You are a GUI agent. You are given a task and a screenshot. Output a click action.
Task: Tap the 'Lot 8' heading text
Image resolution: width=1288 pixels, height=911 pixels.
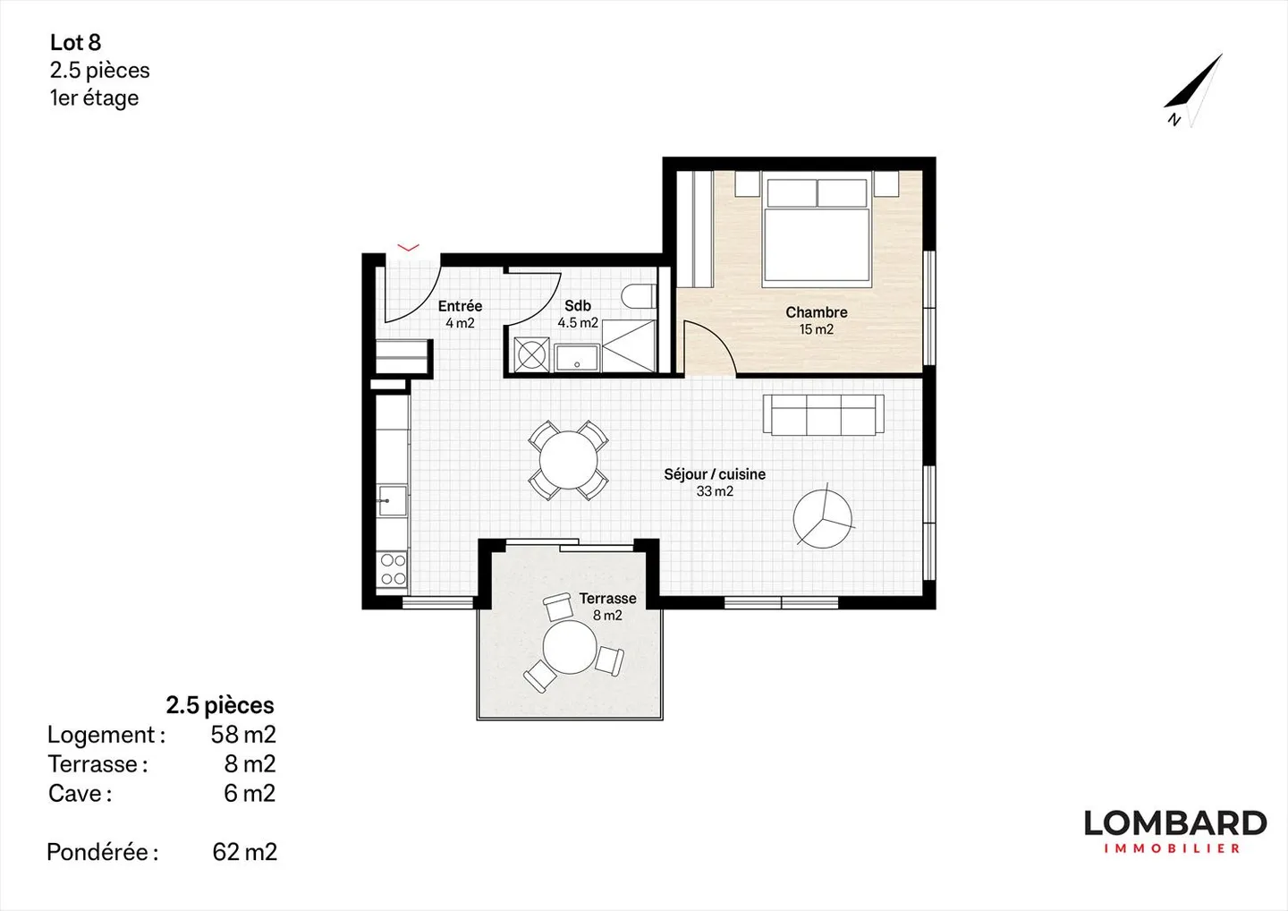click(75, 42)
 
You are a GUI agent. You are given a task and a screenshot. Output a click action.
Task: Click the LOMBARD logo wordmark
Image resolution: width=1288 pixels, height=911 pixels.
click(1174, 823)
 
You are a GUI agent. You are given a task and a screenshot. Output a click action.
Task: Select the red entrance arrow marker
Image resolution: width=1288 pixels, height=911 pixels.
click(408, 248)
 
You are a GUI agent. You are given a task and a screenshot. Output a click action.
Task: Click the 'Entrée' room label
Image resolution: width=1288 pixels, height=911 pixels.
click(460, 306)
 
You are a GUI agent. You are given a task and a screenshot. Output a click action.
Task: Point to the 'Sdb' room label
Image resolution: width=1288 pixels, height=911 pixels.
click(577, 306)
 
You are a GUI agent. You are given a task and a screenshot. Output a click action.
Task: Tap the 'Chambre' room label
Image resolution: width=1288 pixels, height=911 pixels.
click(816, 312)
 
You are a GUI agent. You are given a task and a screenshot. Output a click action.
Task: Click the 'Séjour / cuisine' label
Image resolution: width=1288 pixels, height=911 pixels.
click(714, 474)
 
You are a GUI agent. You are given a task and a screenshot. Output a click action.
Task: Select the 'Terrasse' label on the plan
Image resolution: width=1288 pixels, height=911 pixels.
click(607, 598)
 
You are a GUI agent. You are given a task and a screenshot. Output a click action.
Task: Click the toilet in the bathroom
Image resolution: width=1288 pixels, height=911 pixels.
click(640, 297)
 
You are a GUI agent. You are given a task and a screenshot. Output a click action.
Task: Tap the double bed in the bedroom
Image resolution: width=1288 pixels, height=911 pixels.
click(817, 233)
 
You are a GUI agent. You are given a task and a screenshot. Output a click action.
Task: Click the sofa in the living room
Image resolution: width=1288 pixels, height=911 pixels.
click(823, 415)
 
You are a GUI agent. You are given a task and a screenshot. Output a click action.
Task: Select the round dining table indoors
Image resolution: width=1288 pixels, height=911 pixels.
click(568, 460)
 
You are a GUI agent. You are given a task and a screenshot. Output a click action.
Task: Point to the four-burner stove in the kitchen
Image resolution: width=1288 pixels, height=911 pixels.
click(393, 569)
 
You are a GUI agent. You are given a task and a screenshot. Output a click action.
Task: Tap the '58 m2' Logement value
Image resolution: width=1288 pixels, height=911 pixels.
click(242, 735)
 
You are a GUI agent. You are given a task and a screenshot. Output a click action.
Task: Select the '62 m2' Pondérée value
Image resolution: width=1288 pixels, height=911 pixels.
click(244, 852)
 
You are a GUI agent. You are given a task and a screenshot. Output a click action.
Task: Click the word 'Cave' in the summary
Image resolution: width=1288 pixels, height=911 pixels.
click(76, 794)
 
